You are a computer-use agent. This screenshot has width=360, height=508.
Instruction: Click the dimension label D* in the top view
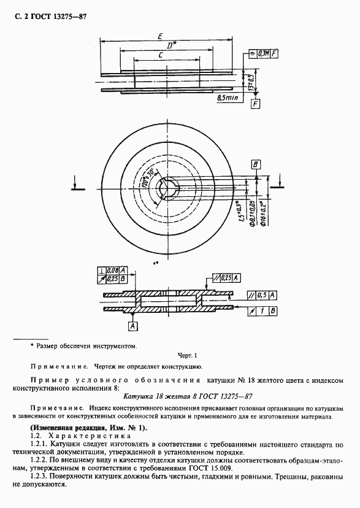(172, 45)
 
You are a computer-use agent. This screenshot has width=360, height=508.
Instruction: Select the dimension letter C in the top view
(161, 55)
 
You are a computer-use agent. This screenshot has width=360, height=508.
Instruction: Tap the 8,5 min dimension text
(228, 98)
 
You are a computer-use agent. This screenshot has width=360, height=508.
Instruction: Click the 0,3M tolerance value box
(264, 54)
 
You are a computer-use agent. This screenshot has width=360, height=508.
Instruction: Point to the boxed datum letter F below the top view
(255, 105)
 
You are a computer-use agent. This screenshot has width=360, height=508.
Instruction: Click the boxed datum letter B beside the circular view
(256, 164)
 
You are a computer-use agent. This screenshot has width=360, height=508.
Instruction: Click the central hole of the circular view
(167, 187)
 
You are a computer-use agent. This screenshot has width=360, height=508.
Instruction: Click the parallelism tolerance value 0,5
(262, 295)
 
